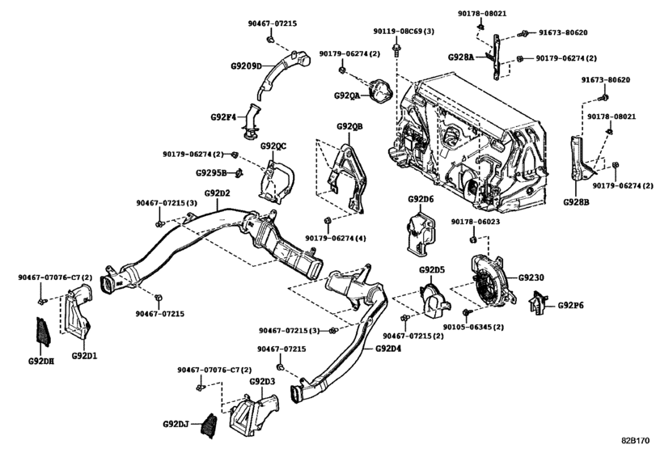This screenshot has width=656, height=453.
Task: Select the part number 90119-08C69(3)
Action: click(x=404, y=31)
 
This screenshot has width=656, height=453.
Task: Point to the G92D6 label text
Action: click(x=421, y=198)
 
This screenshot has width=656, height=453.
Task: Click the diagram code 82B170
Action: click(x=635, y=441)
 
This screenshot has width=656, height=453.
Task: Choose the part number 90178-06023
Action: click(x=476, y=222)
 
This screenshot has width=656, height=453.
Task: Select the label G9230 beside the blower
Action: click(x=531, y=277)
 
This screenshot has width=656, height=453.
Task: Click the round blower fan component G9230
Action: click(x=489, y=283)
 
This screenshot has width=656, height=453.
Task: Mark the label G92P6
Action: click(x=570, y=306)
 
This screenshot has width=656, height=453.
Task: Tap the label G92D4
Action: click(x=388, y=349)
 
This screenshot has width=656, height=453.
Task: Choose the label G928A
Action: click(x=463, y=57)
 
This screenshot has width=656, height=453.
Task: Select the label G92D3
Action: click(x=262, y=381)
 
